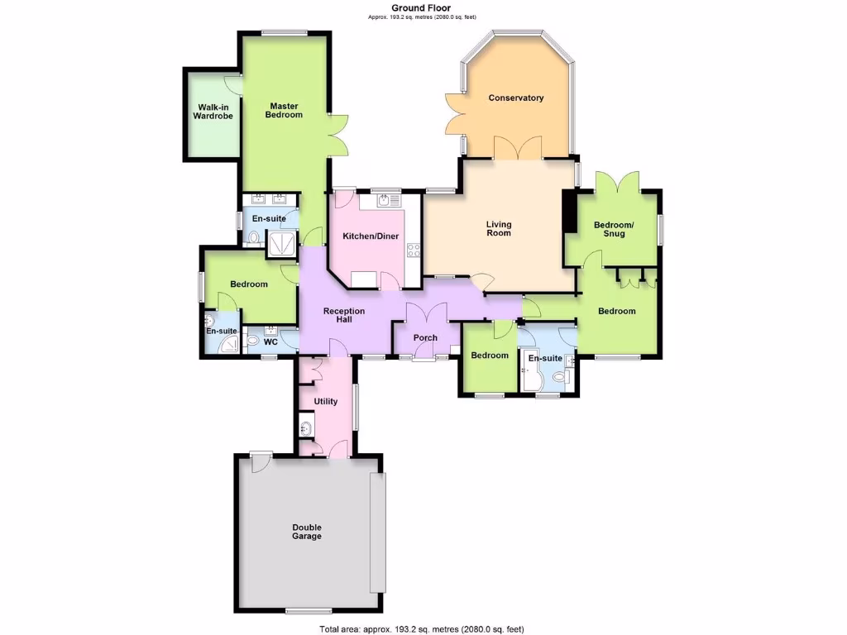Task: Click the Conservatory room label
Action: coord(515,98)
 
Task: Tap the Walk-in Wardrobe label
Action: coord(213,112)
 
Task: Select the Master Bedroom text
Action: coord(284,110)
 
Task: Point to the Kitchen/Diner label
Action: coord(371,236)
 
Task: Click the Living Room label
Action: coord(499,228)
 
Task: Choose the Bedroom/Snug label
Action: coord(614,229)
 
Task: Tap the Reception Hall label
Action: coord(343,315)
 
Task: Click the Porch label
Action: coord(425,337)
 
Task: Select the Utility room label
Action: coord(326,402)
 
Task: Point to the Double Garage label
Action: coord(307,532)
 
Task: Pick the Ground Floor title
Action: coord(422,8)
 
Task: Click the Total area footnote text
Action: coord(422,629)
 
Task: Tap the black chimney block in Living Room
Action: coord(569,212)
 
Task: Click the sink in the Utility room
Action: coord(306,428)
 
